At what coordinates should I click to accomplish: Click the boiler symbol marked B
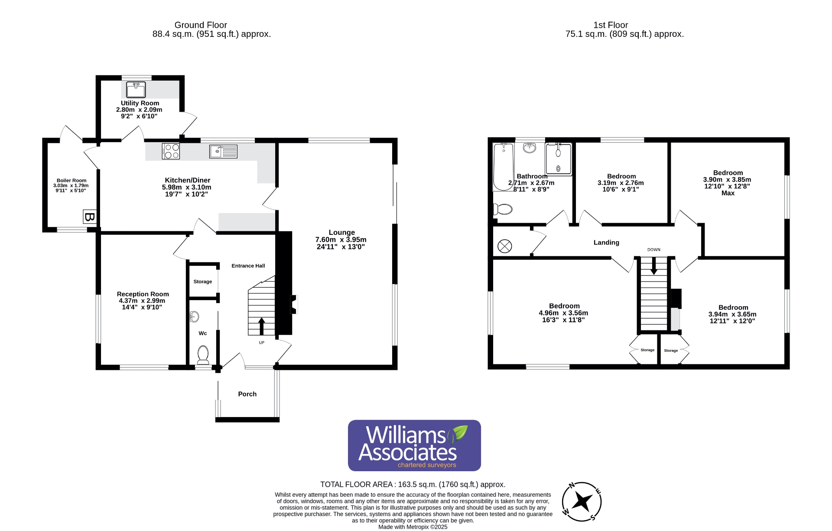89,217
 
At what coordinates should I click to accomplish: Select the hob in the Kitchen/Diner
171,151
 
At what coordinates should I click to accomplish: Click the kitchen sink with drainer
223,151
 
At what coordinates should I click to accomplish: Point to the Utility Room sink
136,90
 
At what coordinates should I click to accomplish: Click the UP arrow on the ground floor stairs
261,326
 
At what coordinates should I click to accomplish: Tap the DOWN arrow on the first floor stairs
653,265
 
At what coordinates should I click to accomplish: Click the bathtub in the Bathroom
503,167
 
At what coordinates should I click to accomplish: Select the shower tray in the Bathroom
558,159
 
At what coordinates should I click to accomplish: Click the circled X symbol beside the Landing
504,246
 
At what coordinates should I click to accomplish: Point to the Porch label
247,394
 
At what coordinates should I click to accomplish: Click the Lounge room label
341,233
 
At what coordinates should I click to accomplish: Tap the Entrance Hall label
248,266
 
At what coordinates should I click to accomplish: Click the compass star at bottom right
582,502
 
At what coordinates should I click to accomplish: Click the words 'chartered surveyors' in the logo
427,465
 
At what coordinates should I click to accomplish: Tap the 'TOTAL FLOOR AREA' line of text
413,485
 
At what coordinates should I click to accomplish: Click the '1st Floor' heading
610,25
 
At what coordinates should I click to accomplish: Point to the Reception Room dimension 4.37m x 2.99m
142,301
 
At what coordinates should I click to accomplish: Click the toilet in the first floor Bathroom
503,210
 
